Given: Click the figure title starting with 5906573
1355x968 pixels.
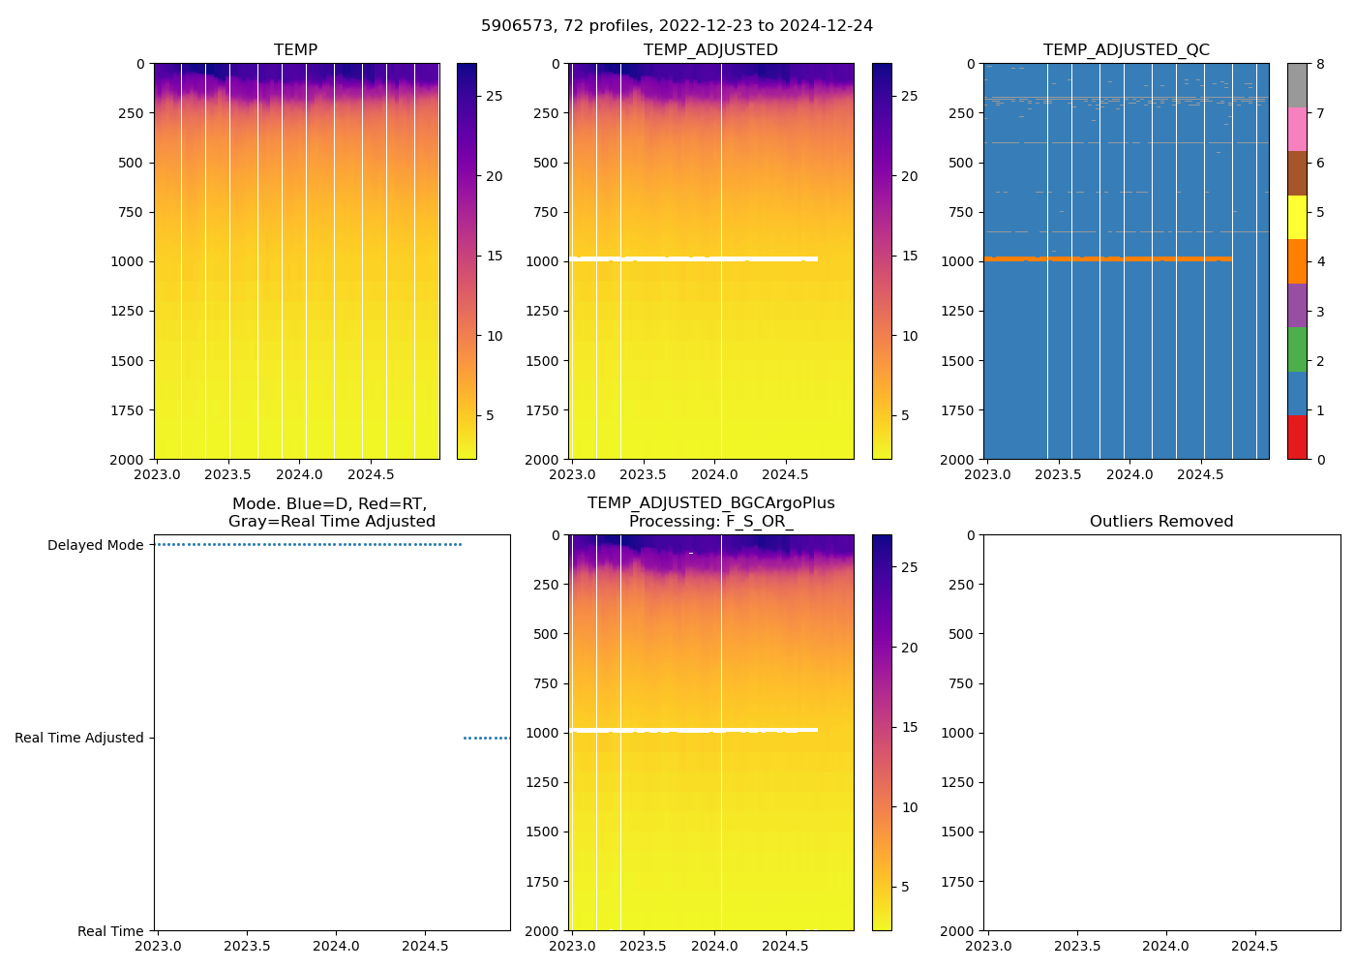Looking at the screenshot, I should [x=677, y=26].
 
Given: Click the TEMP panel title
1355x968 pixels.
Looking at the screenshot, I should [x=295, y=50].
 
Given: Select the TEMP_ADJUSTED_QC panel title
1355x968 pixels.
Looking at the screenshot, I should [x=1126, y=50].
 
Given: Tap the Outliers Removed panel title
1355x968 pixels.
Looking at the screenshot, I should [x=1161, y=522].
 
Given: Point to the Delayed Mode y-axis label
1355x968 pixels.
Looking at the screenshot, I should [x=95, y=545].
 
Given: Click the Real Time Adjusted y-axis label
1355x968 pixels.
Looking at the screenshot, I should [x=79, y=738].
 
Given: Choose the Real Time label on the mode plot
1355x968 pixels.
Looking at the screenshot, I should [x=110, y=931].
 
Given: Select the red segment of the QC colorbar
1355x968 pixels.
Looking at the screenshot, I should [x=1297, y=437].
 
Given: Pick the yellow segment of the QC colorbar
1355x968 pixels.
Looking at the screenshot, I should [x=1297, y=217].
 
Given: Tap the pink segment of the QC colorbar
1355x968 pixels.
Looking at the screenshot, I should [x=1297, y=129].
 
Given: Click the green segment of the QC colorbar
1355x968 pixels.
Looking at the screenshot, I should [x=1297, y=348].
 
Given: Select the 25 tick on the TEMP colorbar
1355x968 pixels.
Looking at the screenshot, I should [x=495, y=96].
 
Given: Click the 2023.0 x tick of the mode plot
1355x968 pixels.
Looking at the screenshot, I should [x=157, y=946].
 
